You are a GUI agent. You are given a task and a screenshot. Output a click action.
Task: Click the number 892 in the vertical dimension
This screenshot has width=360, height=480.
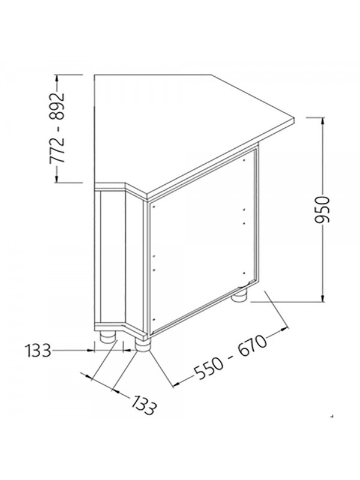click(58, 106)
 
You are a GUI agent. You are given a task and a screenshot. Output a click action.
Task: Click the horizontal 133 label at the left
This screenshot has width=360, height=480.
click(38, 350)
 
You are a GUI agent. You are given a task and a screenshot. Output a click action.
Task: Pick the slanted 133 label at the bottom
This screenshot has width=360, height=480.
click(144, 406)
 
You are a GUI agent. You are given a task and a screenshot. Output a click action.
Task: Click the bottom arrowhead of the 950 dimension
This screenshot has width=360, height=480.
click(322, 298)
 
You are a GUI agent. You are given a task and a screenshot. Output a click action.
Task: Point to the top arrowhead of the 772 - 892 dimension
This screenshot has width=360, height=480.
click(56, 79)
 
